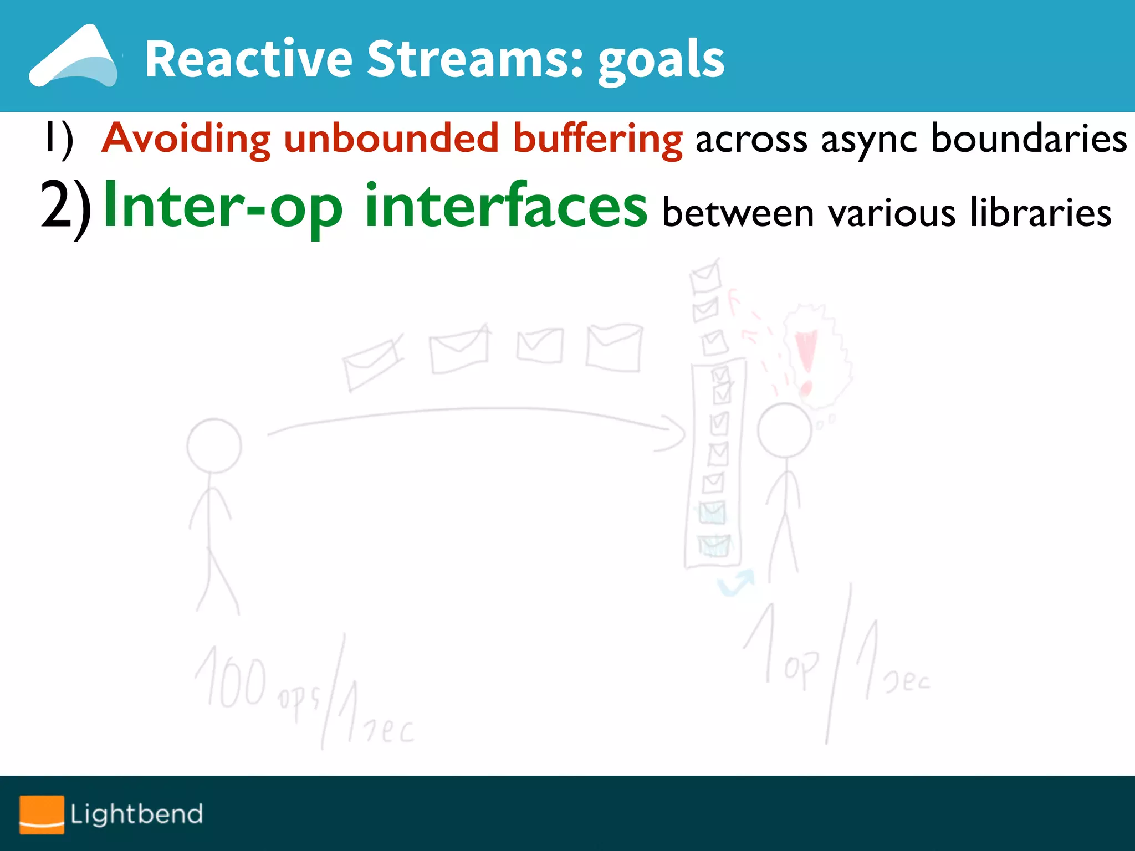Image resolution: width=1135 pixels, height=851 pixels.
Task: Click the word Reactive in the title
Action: (x=248, y=59)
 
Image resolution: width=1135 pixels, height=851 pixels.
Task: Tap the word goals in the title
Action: (x=661, y=61)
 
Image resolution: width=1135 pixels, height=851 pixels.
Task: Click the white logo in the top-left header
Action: (x=73, y=58)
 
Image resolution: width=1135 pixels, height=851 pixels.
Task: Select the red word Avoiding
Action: (x=187, y=139)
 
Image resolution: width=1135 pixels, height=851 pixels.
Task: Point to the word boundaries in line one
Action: (x=1029, y=139)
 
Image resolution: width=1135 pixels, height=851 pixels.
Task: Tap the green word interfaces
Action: (x=505, y=206)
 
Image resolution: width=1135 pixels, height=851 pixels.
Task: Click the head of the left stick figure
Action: (x=214, y=445)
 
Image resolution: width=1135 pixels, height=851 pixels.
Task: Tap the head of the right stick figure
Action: (x=784, y=430)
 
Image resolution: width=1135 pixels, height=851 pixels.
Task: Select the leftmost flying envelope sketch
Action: (x=372, y=363)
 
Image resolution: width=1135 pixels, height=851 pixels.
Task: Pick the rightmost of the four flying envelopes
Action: (x=614, y=348)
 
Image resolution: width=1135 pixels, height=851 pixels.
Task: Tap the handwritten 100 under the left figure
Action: (x=232, y=679)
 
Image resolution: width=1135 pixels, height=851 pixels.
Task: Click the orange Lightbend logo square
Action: (x=42, y=814)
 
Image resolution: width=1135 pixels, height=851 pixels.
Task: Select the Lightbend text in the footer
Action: (x=136, y=814)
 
